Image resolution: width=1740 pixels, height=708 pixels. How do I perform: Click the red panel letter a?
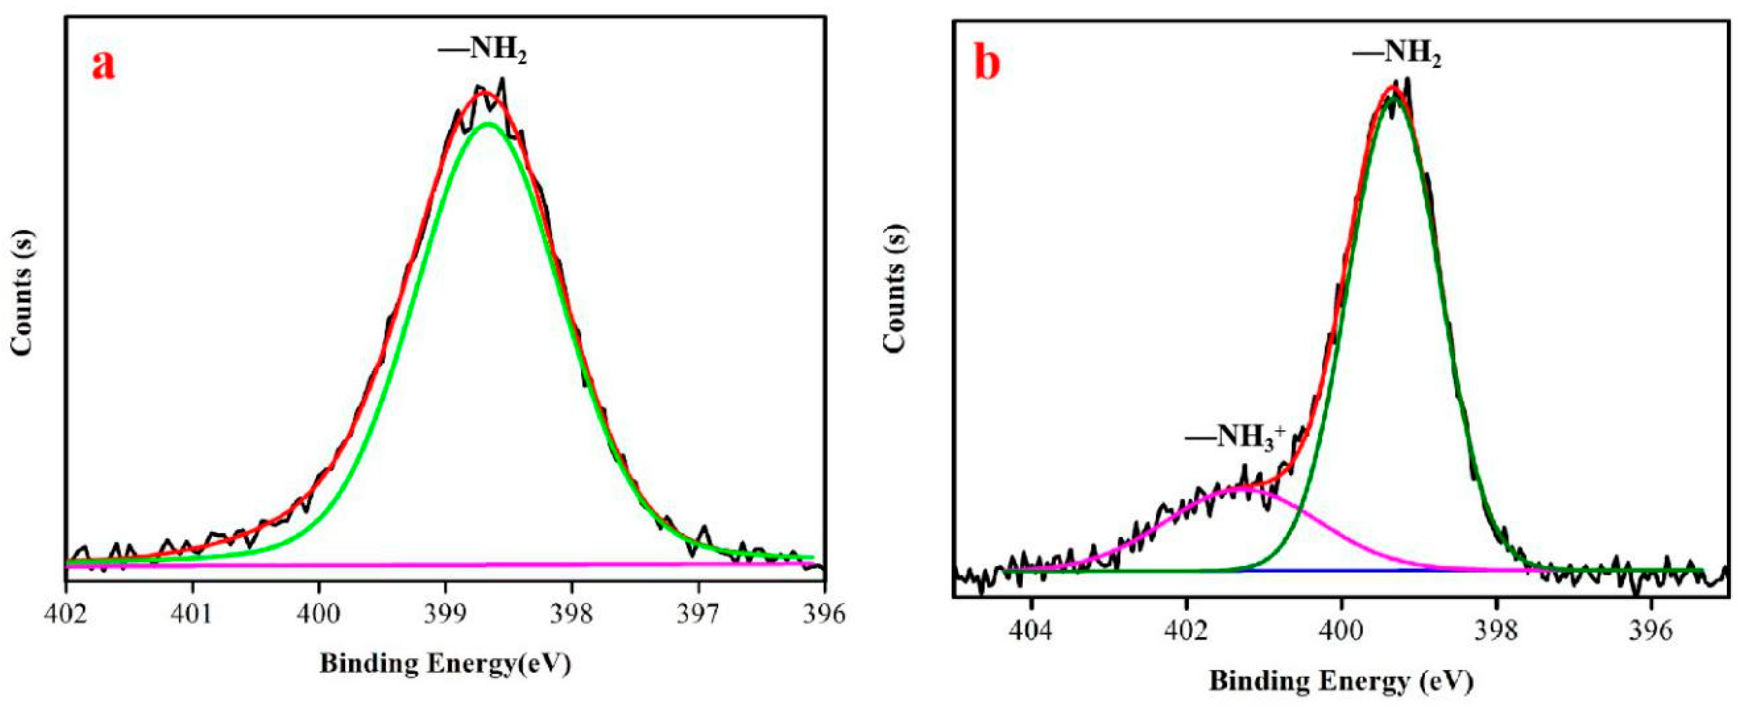click(x=103, y=66)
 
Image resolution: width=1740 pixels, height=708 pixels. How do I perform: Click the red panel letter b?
click(x=987, y=65)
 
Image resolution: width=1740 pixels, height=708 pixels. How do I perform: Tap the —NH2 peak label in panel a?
click(x=482, y=49)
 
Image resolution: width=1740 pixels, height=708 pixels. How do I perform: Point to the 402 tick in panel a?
click(x=66, y=614)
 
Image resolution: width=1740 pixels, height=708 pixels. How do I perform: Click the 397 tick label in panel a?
click(x=698, y=614)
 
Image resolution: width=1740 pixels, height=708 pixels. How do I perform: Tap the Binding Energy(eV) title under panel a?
click(x=445, y=664)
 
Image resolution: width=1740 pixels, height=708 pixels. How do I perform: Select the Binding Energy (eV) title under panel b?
click(x=1341, y=681)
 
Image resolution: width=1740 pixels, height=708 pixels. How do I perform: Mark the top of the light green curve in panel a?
click(x=488, y=124)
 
